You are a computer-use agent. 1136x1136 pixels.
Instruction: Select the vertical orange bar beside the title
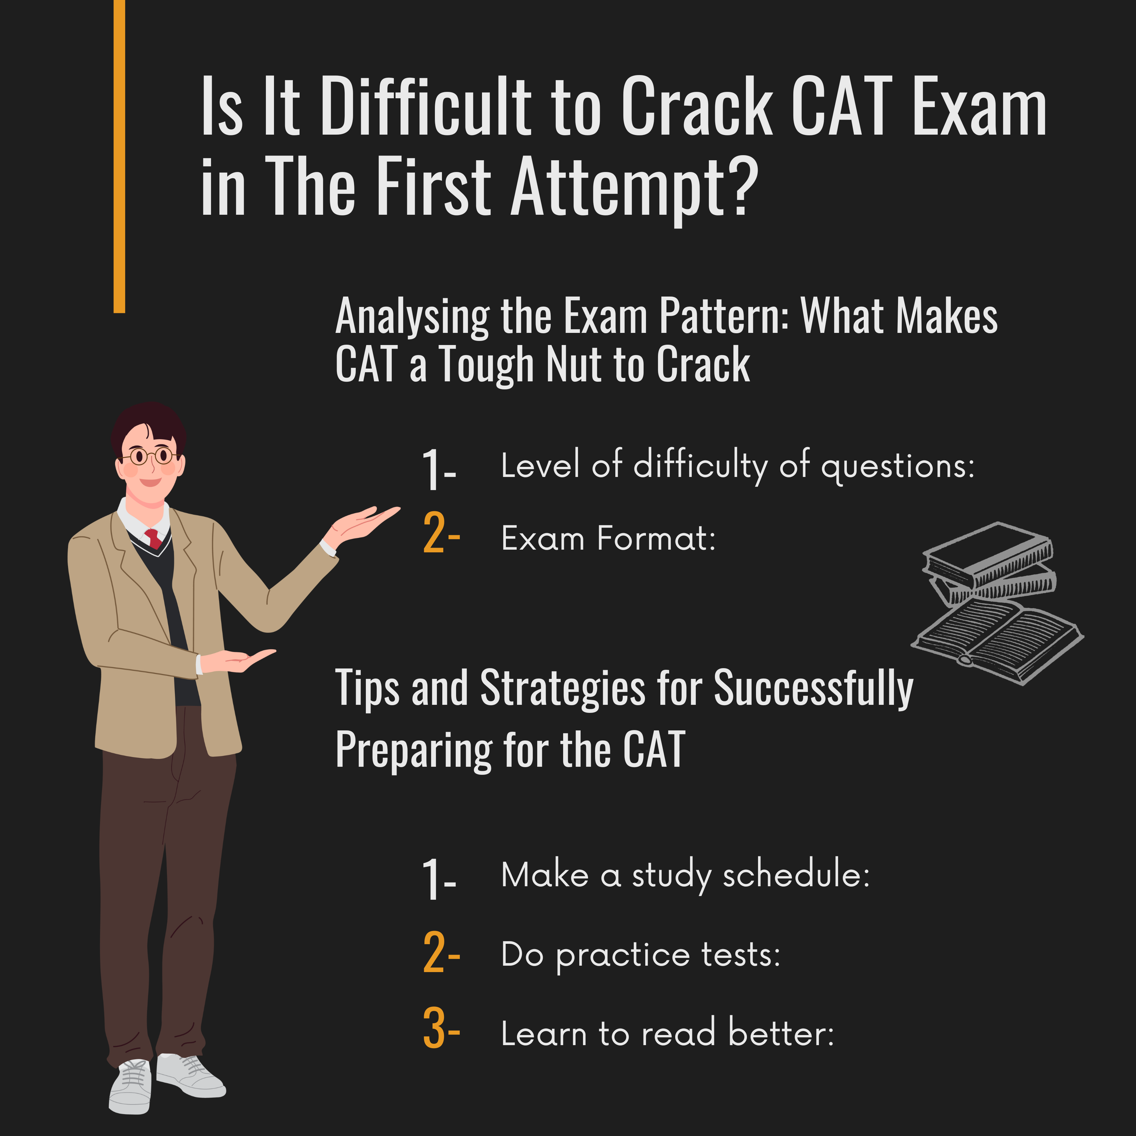119,156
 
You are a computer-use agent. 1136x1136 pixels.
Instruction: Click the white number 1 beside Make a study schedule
432,879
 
